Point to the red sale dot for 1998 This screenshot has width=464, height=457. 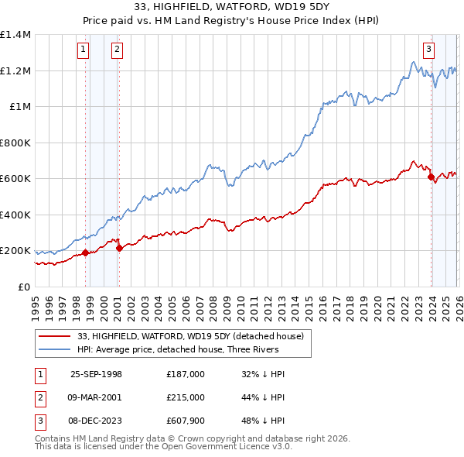[x=85, y=253]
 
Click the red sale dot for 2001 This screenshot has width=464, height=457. [x=119, y=249]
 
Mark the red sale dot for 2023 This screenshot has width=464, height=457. [x=430, y=177]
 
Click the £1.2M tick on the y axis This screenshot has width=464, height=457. [x=15, y=70]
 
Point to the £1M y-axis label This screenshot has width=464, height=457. [x=20, y=107]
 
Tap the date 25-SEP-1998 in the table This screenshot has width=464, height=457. [x=96, y=374]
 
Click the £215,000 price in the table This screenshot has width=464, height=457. [x=186, y=397]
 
